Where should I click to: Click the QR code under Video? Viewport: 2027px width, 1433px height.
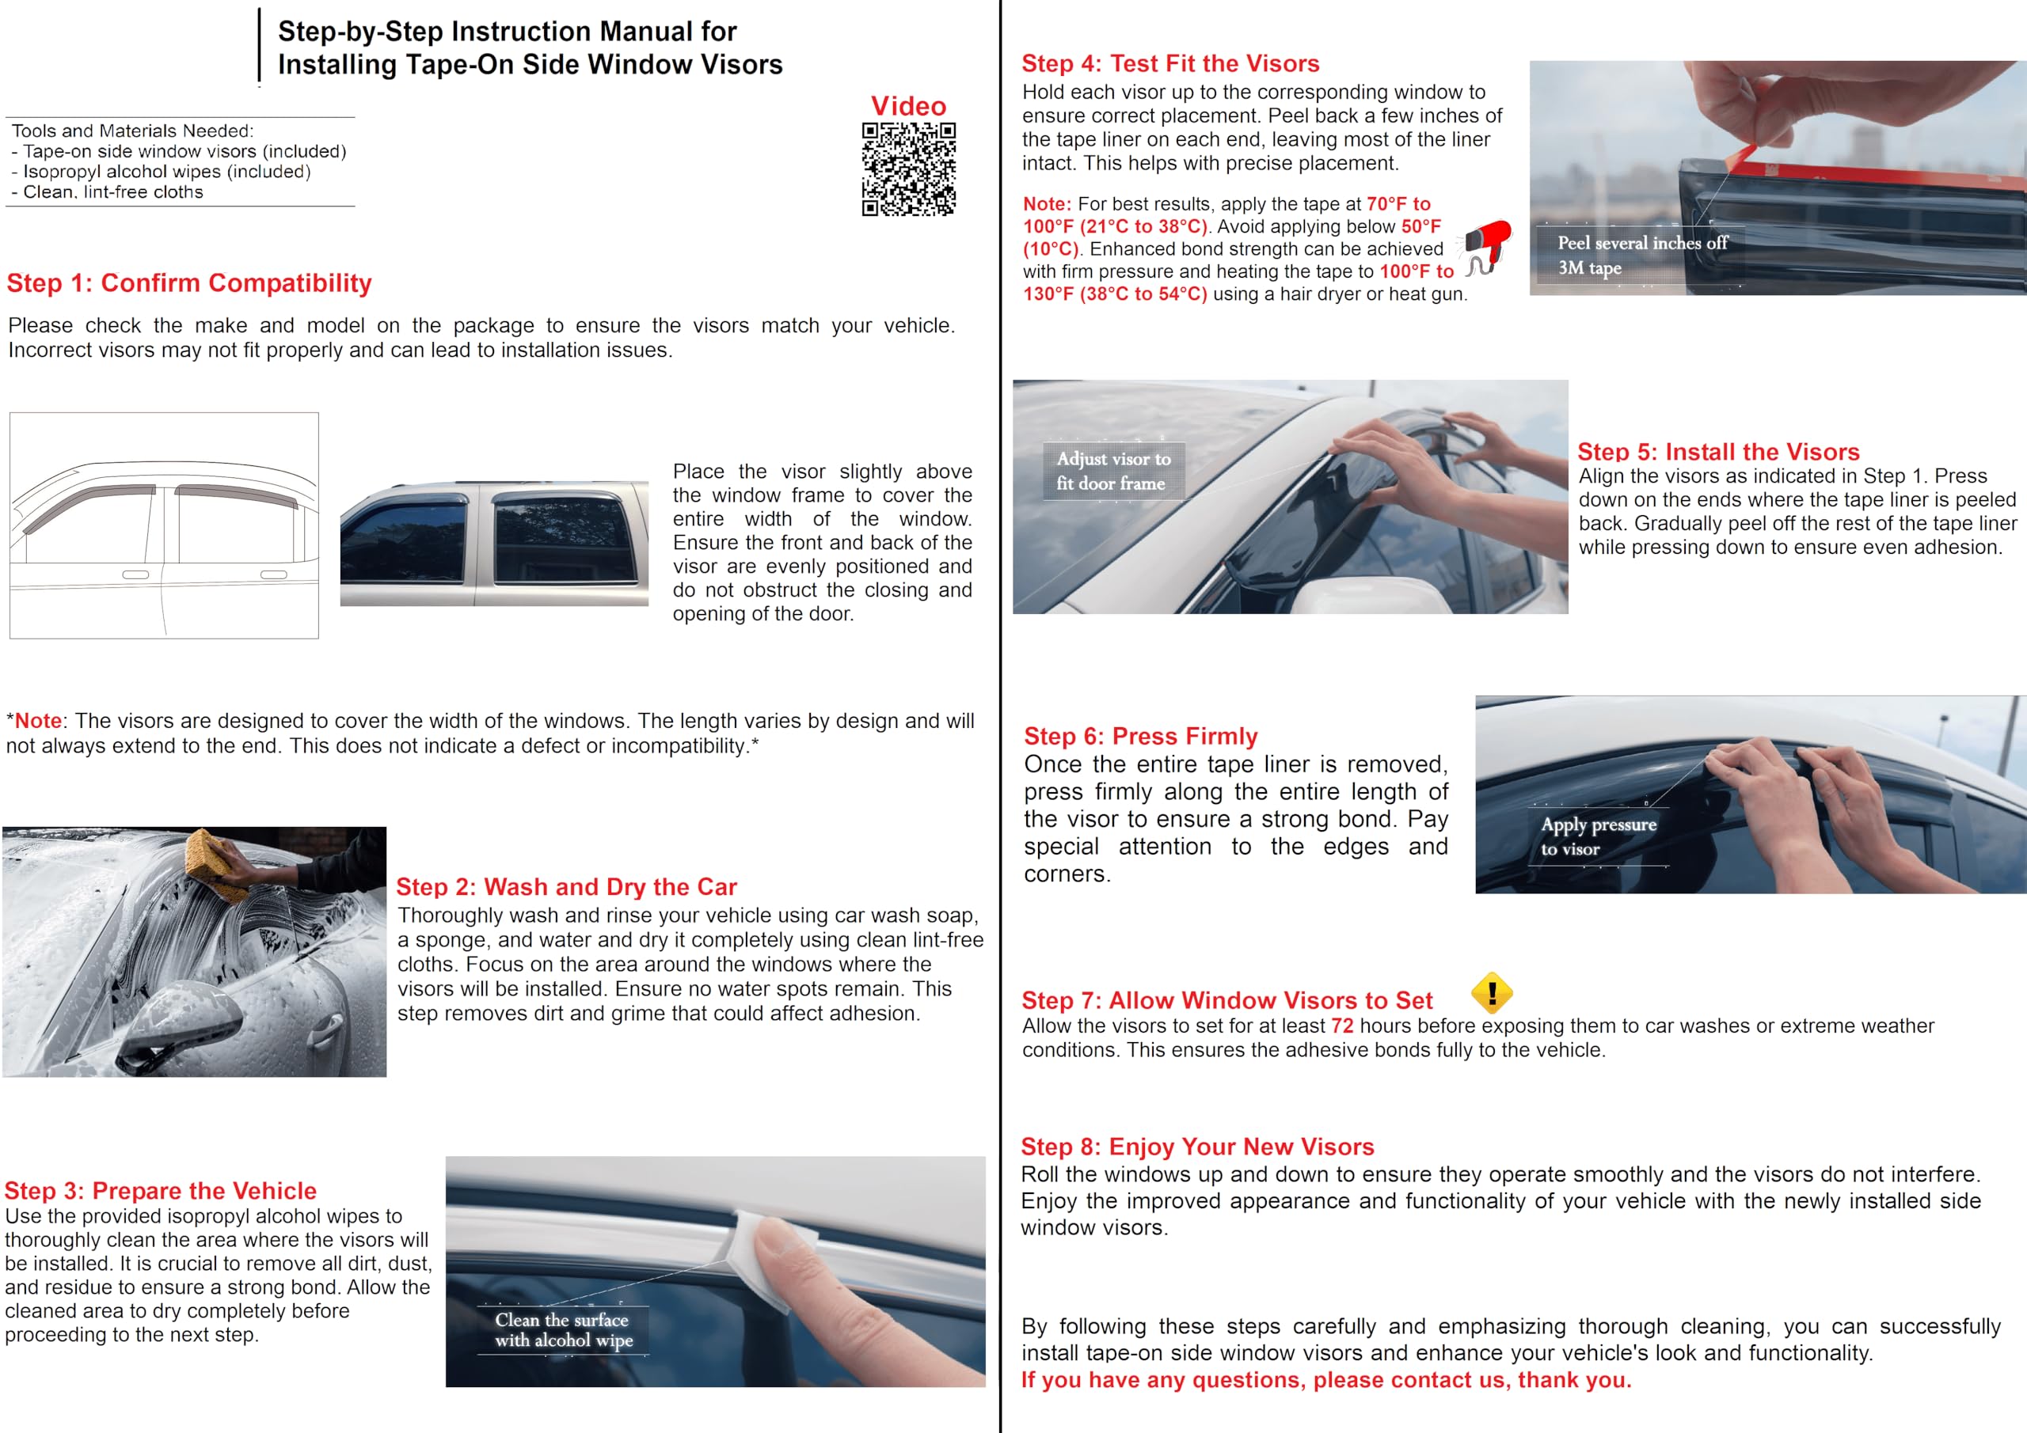[908, 169]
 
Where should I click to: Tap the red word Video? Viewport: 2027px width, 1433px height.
[908, 106]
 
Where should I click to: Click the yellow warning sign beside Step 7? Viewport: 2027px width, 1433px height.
[1492, 993]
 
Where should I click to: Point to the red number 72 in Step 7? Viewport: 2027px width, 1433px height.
[1342, 1025]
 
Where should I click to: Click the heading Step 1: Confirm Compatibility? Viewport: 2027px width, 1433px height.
[189, 283]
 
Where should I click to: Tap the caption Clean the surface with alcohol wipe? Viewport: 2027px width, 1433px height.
[563, 1330]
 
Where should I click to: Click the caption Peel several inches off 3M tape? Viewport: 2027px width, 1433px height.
[1641, 255]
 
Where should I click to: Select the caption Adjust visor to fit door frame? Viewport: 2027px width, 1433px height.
[1113, 471]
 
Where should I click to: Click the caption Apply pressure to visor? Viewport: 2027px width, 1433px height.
[1598, 836]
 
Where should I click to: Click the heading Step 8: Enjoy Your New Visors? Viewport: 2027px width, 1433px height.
[1197, 1147]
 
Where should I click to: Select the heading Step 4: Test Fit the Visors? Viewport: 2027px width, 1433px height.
[1169, 63]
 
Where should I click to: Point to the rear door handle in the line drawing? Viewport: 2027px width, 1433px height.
[274, 574]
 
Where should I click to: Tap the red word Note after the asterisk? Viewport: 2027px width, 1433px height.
[38, 721]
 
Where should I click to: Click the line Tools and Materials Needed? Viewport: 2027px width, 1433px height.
[132, 131]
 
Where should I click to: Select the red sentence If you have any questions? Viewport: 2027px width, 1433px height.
[1326, 1380]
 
